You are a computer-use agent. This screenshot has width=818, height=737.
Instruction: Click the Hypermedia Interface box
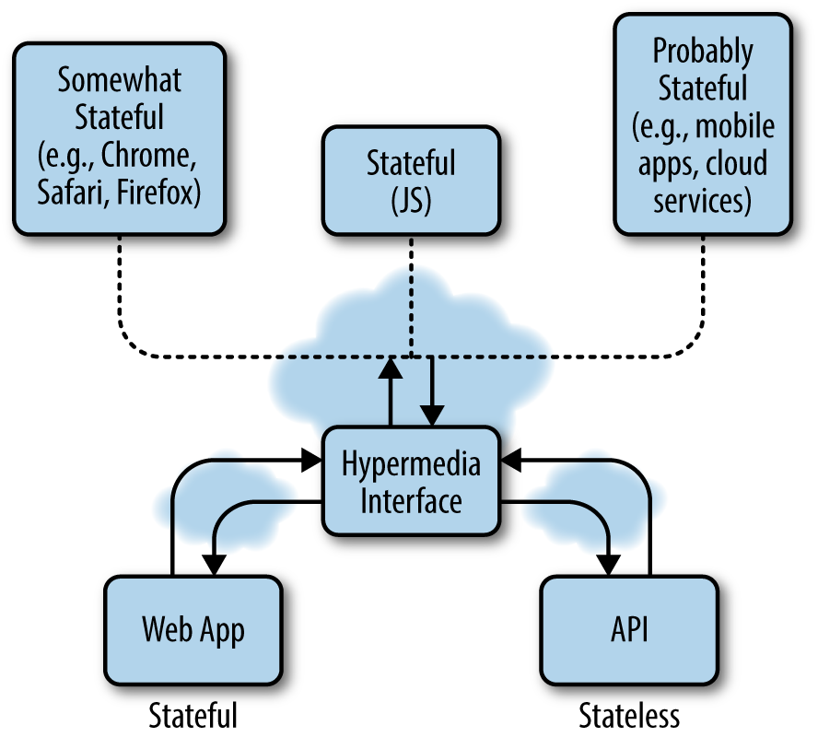click(x=411, y=482)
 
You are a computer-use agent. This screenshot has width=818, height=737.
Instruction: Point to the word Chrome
click(x=148, y=156)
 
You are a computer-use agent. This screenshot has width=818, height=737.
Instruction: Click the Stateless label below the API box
click(x=629, y=716)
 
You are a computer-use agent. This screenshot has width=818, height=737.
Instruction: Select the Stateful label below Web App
click(x=193, y=716)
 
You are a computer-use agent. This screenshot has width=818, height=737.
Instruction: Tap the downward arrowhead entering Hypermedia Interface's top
click(x=430, y=416)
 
